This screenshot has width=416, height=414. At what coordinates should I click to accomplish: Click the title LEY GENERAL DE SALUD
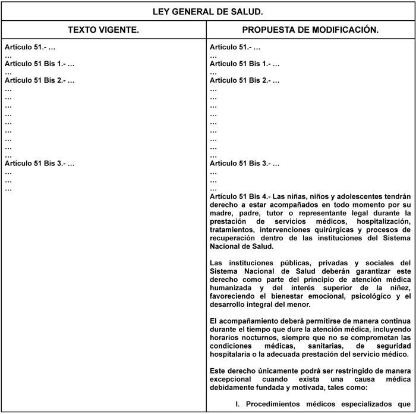[x=208, y=11]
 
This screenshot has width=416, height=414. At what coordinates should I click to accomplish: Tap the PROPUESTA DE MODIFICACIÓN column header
[x=311, y=29]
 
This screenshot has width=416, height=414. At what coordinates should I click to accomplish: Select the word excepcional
[x=234, y=379]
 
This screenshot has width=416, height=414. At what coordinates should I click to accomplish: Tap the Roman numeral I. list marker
[x=237, y=404]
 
